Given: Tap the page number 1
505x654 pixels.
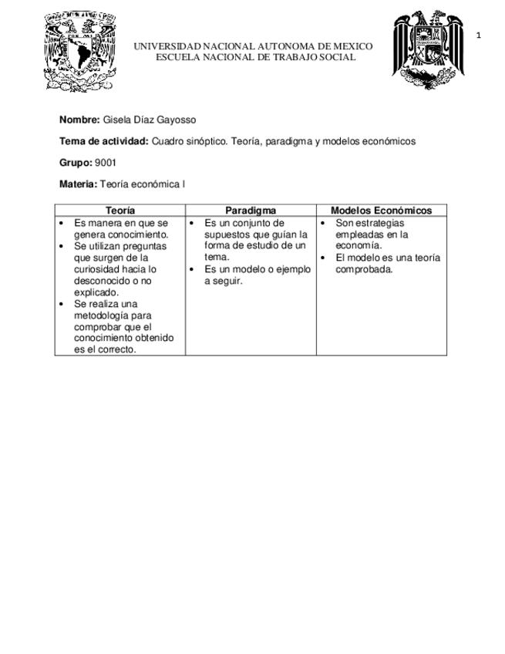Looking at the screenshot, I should point(479,35).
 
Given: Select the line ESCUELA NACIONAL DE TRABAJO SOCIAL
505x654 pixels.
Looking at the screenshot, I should point(255,57).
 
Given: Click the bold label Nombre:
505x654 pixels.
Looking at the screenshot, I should point(79,120).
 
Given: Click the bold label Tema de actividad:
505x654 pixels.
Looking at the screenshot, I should point(103,142).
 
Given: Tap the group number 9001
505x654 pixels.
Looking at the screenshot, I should point(105,163).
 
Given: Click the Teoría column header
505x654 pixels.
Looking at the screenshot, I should point(120,211).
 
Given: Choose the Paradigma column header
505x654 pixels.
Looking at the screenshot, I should point(251,211).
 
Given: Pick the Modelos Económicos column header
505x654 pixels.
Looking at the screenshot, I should point(381,211).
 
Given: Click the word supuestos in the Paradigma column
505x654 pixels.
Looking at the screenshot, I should point(227,234).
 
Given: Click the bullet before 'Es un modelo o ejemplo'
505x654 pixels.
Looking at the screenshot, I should point(192,269).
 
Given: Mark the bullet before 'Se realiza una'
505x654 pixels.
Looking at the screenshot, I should point(62,304).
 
